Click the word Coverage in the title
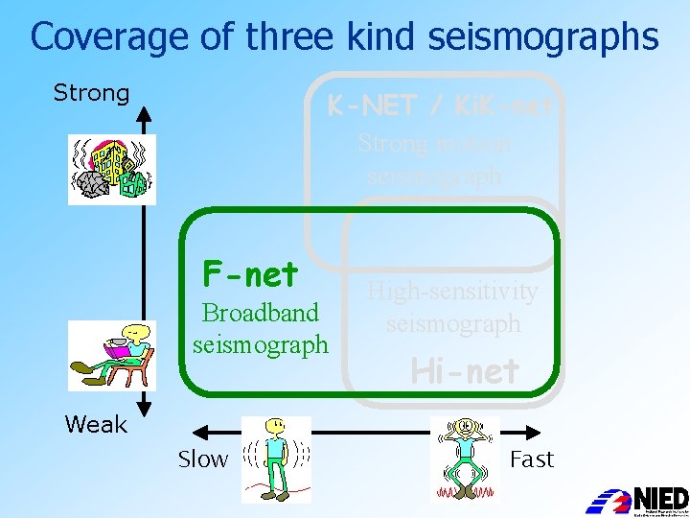(97, 36)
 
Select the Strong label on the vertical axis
(91, 93)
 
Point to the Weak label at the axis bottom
(95, 424)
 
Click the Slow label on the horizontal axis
(203, 459)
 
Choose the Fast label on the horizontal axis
(532, 459)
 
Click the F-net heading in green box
(250, 275)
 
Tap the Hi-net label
(465, 370)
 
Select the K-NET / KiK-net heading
(440, 106)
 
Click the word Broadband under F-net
(260, 313)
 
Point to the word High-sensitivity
(453, 291)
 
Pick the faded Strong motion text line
(435, 144)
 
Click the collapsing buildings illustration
(111, 170)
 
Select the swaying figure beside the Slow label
(275, 459)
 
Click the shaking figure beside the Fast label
(465, 459)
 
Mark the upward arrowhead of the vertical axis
(143, 115)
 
